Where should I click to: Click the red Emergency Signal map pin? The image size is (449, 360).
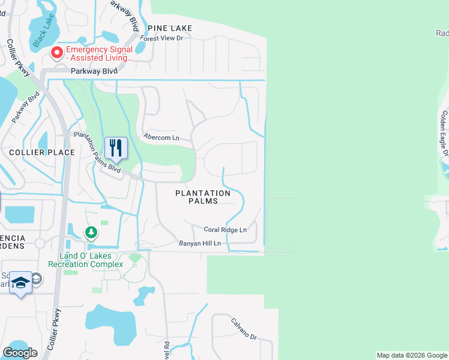pyautogui.click(x=57, y=53)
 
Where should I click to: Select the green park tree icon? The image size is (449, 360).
pyautogui.click(x=91, y=232)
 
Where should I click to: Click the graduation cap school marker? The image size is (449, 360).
pyautogui.click(x=20, y=283)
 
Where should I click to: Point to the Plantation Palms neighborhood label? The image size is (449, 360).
pyautogui.click(x=203, y=197)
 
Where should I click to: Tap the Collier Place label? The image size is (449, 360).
pyautogui.click(x=41, y=152)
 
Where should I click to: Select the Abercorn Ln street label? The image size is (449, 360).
pyautogui.click(x=161, y=137)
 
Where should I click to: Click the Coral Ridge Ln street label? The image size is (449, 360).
pyautogui.click(x=225, y=230)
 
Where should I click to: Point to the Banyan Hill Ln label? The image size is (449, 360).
pyautogui.click(x=200, y=244)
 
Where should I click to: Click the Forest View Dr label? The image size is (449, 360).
pyautogui.click(x=161, y=38)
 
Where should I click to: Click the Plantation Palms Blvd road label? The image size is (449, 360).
pyautogui.click(x=97, y=152)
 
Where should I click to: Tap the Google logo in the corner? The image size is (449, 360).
pyautogui.click(x=20, y=353)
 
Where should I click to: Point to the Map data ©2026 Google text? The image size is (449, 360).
pyautogui.click(x=411, y=355)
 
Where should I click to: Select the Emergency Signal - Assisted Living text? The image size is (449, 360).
pyautogui.click(x=99, y=53)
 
